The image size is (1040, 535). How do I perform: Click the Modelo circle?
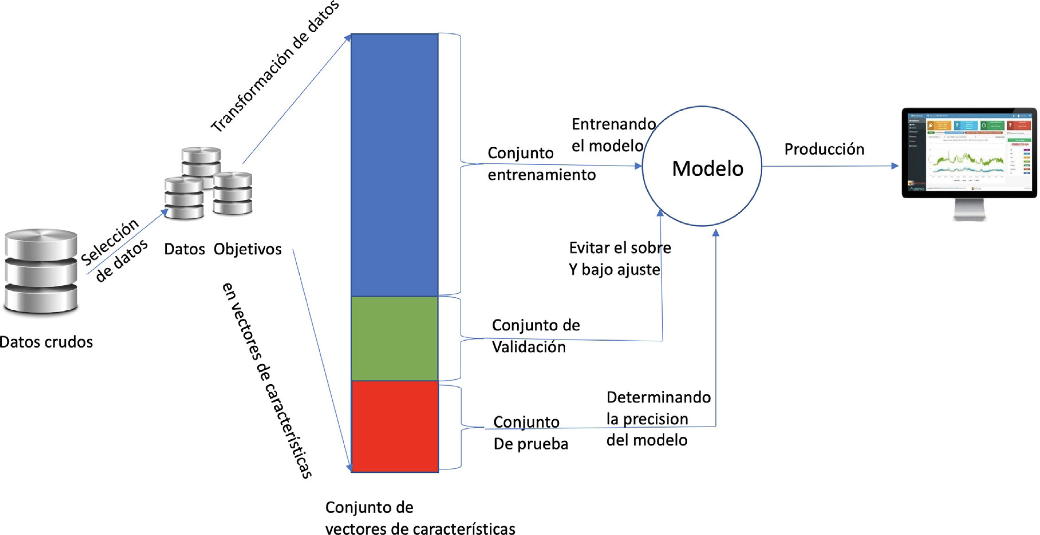tap(702, 166)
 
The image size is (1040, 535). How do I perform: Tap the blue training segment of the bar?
tap(395, 164)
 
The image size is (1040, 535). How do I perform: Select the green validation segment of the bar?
tap(395, 338)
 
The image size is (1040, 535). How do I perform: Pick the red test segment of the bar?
tap(395, 426)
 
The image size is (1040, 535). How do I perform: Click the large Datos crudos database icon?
tap(41, 271)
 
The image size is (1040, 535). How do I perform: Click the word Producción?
tap(824, 149)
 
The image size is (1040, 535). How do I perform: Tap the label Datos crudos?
tap(46, 342)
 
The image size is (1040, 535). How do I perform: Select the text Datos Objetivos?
tap(222, 249)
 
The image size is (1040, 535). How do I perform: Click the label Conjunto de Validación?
tap(535, 336)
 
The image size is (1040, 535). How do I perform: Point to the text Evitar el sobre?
tap(620, 248)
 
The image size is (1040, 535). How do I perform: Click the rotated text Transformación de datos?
tap(275, 67)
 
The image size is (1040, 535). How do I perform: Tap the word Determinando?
tap(658, 397)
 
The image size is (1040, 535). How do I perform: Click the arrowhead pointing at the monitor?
tap(895, 166)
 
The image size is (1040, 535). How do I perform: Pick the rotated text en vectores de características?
tap(266, 379)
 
